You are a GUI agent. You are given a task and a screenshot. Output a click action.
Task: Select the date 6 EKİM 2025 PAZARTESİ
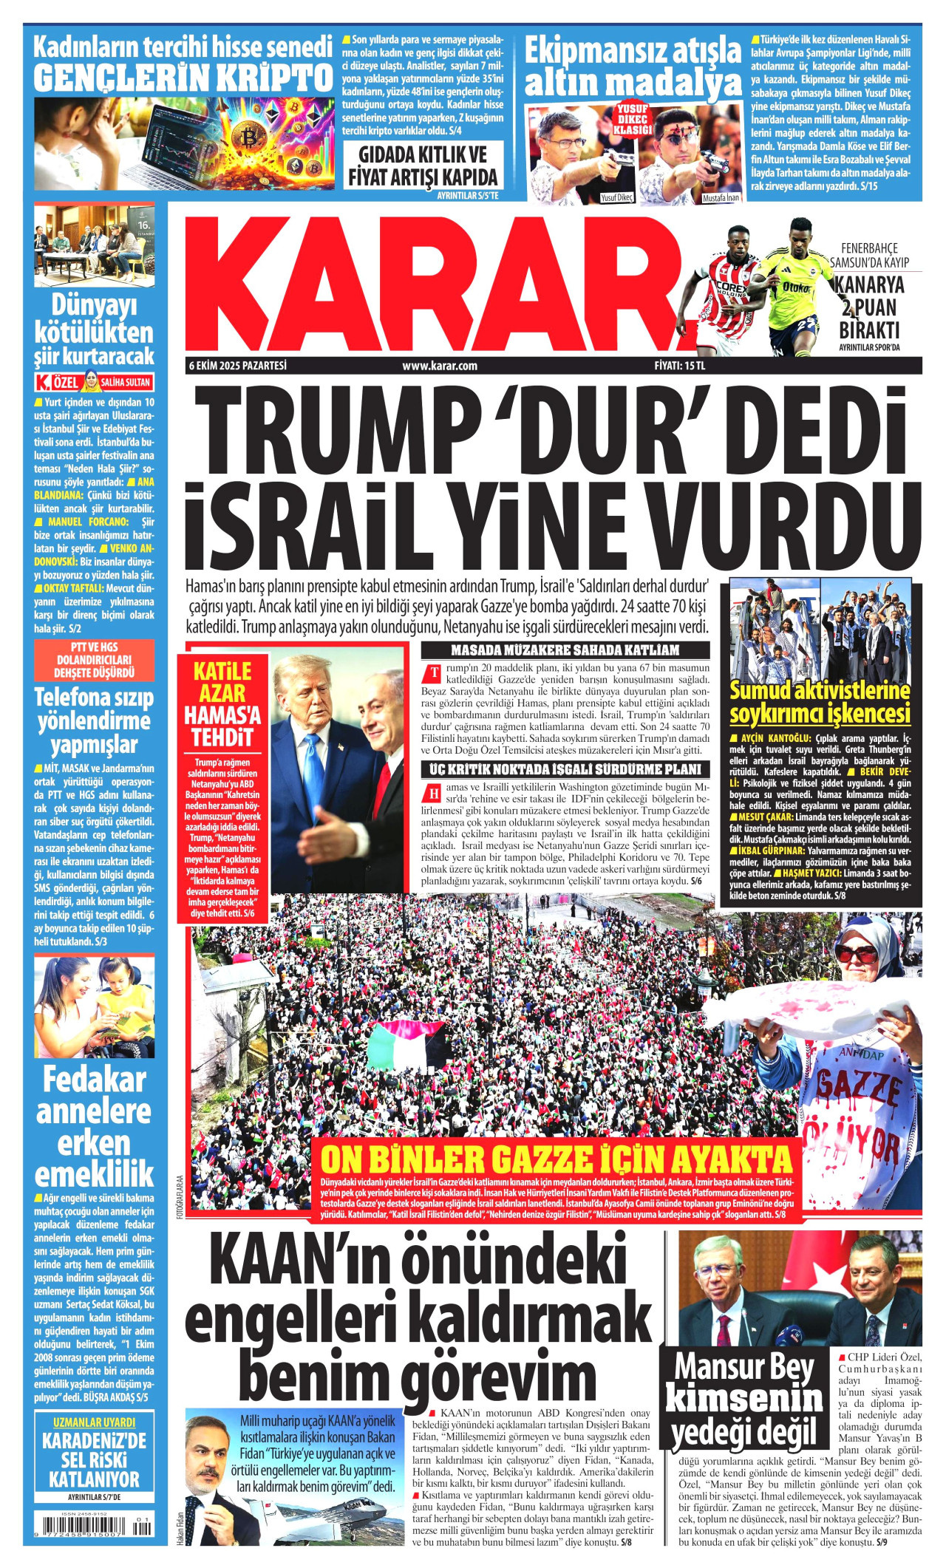237,366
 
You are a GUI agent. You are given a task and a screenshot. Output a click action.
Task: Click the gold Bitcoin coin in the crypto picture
250,138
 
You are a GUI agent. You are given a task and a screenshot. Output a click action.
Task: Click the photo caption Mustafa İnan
720,198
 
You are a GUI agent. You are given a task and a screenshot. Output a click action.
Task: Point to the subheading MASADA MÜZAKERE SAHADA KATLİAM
565,651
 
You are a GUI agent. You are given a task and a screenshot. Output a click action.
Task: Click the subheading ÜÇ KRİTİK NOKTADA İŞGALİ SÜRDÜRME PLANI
565,769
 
